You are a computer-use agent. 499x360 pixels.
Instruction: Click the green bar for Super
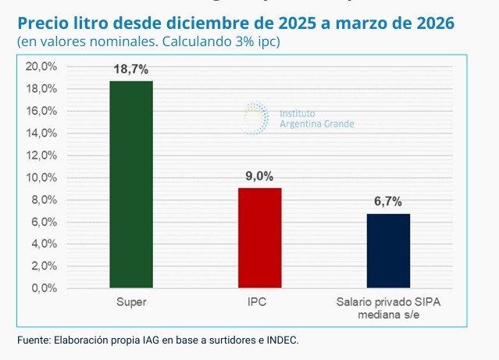pyautogui.click(x=130, y=184)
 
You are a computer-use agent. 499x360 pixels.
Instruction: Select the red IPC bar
pyautogui.click(x=259, y=237)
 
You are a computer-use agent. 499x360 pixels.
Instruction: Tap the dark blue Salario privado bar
pyautogui.click(x=388, y=251)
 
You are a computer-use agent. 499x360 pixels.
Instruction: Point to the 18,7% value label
pyautogui.click(x=130, y=70)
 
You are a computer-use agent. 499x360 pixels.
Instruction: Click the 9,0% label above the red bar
pyautogui.click(x=259, y=176)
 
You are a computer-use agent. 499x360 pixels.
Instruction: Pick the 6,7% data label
pyautogui.click(x=388, y=201)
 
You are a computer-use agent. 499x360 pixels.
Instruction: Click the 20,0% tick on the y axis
pyautogui.click(x=41, y=66)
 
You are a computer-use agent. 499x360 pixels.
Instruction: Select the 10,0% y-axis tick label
pyautogui.click(x=41, y=177)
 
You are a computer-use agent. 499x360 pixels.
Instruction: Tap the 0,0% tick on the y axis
pyautogui.click(x=44, y=288)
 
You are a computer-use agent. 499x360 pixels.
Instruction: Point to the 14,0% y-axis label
pyautogui.click(x=41, y=133)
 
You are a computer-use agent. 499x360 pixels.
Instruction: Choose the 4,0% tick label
pyautogui.click(x=44, y=244)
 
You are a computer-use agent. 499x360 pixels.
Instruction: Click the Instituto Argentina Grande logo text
pyautogui.click(x=316, y=119)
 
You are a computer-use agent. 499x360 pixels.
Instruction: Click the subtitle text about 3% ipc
pyautogui.click(x=148, y=41)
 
